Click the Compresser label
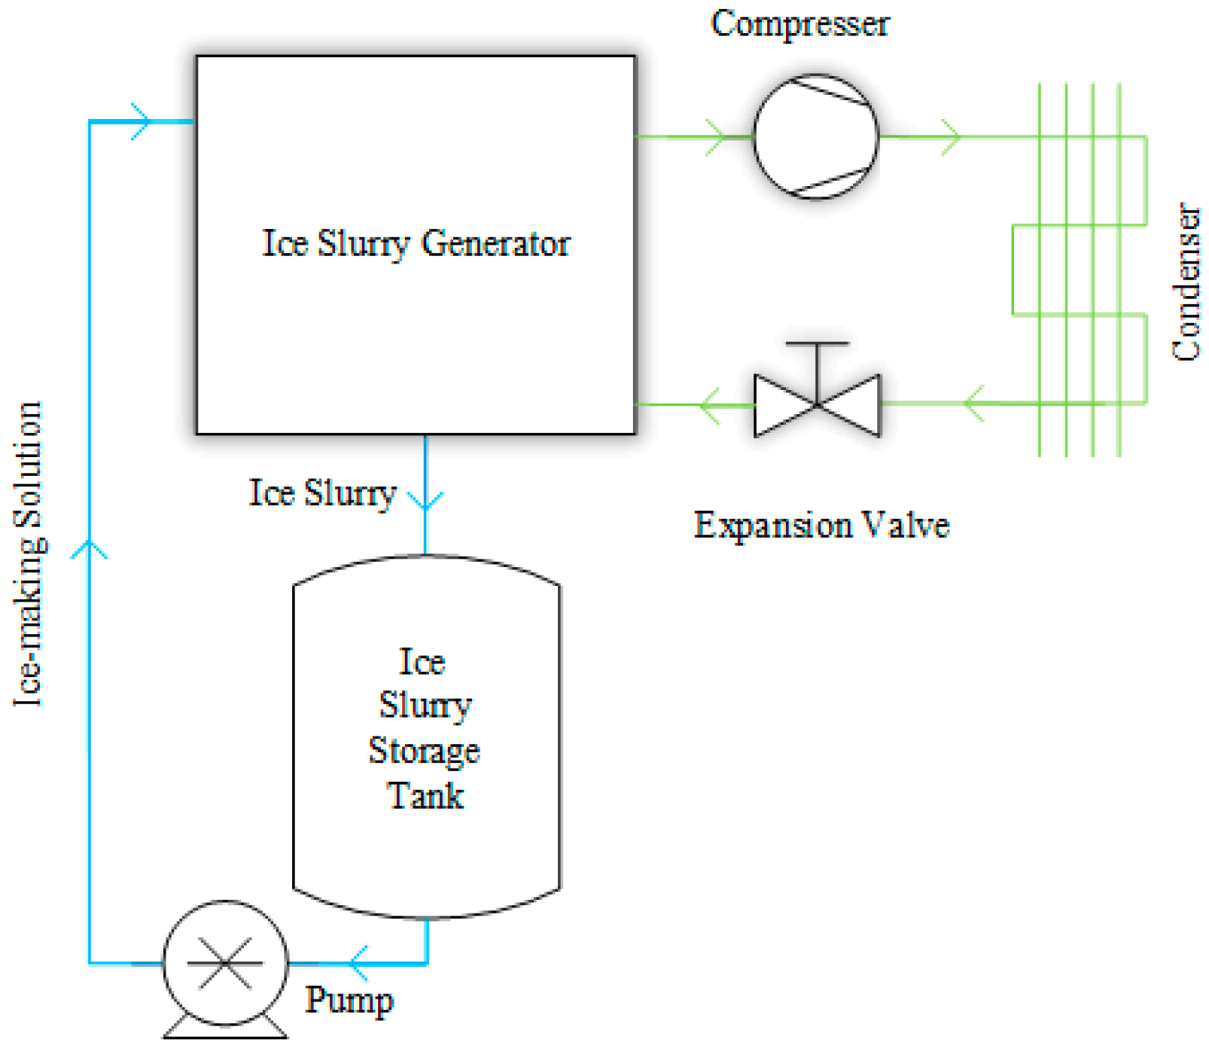tap(799, 24)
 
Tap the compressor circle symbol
tap(816, 136)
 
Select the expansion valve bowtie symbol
tap(817, 405)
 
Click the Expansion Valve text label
tap(821, 525)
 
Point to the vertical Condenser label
tap(1186, 282)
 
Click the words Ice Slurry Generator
tap(416, 243)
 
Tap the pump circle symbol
tap(225, 962)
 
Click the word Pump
tap(349, 1001)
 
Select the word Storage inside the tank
tap(424, 751)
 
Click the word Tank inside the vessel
tap(425, 796)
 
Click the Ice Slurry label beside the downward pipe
tap(322, 493)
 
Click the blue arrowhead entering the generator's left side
tap(142, 121)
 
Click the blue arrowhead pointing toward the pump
tap(358, 962)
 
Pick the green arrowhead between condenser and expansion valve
tap(974, 404)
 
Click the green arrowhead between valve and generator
tap(709, 405)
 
